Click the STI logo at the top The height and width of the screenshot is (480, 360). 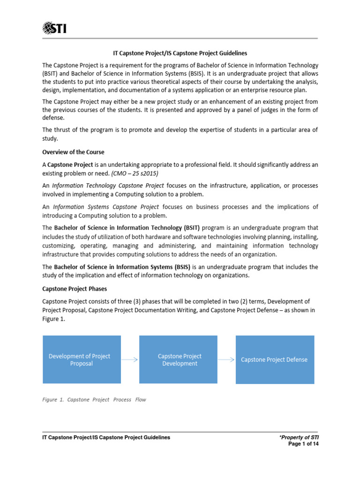point(54,28)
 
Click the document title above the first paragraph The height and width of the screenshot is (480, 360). point(180,53)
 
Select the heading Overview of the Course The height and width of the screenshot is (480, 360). point(73,152)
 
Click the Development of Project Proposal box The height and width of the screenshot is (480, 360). point(82,360)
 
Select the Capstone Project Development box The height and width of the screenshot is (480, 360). point(180,360)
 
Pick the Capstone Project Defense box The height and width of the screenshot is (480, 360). point(275,360)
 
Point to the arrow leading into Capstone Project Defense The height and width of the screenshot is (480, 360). point(226,360)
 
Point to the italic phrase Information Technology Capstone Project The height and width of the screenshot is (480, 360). point(101,185)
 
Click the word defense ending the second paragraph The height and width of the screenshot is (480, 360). point(52,118)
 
